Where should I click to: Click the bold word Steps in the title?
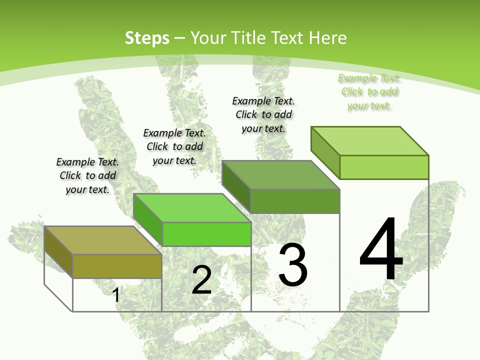point(147,38)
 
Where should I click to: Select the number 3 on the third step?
point(293,265)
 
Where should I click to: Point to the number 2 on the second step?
point(201,280)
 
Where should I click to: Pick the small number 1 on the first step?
point(116,295)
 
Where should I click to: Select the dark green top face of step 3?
point(280,175)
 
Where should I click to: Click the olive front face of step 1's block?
point(117,266)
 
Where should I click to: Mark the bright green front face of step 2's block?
point(206,234)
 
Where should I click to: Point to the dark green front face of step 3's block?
point(295,201)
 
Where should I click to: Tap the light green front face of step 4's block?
point(384,167)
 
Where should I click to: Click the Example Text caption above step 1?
point(87,175)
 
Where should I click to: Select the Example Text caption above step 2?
point(174,146)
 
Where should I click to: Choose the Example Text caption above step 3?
point(263,114)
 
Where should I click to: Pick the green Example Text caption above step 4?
point(369,91)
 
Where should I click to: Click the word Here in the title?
point(328,38)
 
